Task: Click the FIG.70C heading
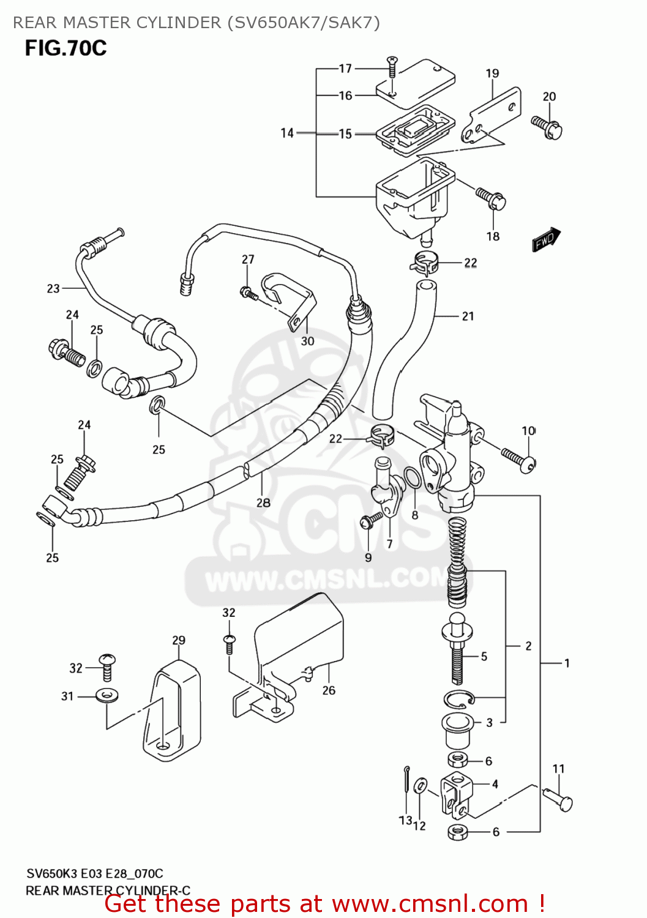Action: (x=65, y=48)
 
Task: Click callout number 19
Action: (x=492, y=73)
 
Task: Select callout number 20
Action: (x=549, y=97)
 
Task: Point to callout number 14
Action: (x=287, y=133)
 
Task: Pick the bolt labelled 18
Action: (x=492, y=198)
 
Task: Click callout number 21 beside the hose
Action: (x=468, y=316)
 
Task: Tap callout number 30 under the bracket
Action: (x=307, y=341)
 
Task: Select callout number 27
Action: (x=247, y=259)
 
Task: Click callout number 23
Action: (x=53, y=288)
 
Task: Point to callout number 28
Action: (x=263, y=502)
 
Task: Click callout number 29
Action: (x=178, y=640)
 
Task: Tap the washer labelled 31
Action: (x=107, y=696)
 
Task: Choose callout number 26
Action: (x=329, y=690)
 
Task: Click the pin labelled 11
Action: (x=558, y=799)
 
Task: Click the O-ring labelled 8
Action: (x=413, y=478)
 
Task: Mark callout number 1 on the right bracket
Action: (x=567, y=663)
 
